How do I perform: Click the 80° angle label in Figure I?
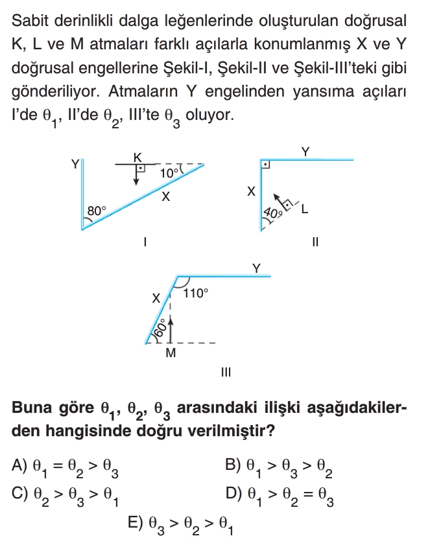click(97, 211)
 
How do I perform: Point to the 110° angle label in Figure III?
click(196, 293)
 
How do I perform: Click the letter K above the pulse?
click(137, 157)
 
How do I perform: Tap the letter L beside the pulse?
click(304, 209)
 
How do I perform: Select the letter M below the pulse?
click(171, 353)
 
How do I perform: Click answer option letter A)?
click(19, 465)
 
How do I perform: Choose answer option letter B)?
click(233, 465)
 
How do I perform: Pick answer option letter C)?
click(19, 494)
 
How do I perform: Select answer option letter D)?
click(233, 494)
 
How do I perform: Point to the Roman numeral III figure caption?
click(225, 373)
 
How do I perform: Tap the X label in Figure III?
click(156, 299)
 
